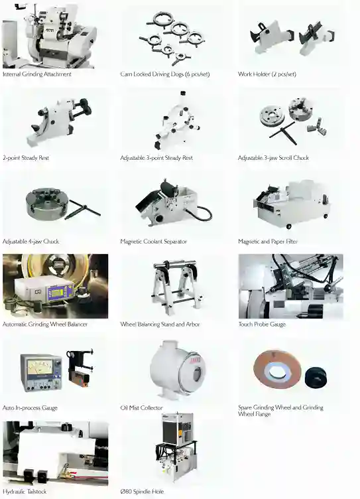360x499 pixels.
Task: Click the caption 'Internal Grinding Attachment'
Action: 37,74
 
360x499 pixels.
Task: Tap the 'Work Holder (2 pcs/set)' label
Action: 267,74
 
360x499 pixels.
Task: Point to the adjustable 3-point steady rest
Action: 176,121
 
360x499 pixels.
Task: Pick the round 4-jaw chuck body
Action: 47,204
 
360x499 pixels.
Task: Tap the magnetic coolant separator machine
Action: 172,202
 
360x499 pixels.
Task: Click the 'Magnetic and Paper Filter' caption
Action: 268,242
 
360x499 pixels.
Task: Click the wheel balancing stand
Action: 177,287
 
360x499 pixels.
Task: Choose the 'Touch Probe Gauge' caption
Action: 262,324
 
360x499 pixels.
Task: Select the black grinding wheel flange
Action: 316,377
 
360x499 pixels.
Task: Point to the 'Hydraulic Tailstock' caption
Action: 25,492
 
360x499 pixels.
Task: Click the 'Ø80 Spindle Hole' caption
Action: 142,492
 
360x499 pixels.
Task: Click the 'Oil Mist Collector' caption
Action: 141,408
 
